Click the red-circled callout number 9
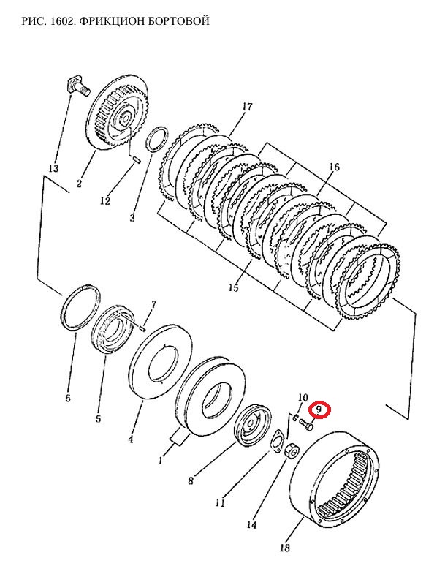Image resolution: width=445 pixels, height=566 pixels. [x=319, y=410]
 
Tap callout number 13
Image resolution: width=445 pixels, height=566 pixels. [x=53, y=168]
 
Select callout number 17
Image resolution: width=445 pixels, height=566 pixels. [x=248, y=107]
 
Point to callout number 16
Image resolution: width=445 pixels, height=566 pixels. [x=334, y=167]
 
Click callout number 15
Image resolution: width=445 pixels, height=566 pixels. [x=233, y=287]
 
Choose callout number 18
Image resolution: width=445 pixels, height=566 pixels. [x=284, y=548]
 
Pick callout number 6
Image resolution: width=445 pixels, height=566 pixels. [x=68, y=398]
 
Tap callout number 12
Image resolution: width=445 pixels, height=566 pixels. [x=105, y=201]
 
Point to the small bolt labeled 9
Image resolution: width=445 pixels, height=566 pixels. [x=306, y=424]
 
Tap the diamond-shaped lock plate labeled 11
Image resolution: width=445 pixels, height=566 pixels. [x=278, y=440]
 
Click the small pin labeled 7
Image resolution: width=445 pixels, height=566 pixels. [x=142, y=328]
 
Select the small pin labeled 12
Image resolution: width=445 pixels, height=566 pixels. [x=137, y=159]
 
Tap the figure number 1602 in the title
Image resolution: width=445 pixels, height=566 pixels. [x=63, y=21]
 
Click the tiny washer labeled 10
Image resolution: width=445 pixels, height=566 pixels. [x=295, y=418]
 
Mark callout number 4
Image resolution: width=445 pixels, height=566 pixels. [x=131, y=439]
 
